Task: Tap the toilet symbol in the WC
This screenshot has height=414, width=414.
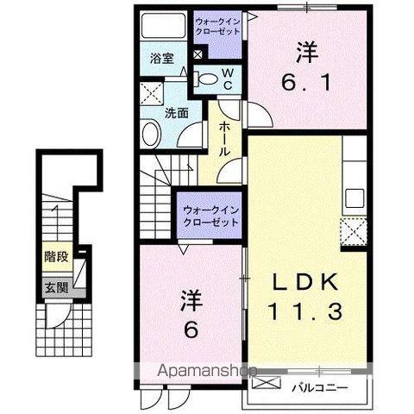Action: pos(208,80)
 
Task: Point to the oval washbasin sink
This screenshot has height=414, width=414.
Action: pos(150,134)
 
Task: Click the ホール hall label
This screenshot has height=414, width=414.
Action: pos(224,138)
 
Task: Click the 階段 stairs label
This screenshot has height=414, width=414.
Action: pos(56,255)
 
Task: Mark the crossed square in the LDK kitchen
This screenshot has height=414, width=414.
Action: pos(353,231)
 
